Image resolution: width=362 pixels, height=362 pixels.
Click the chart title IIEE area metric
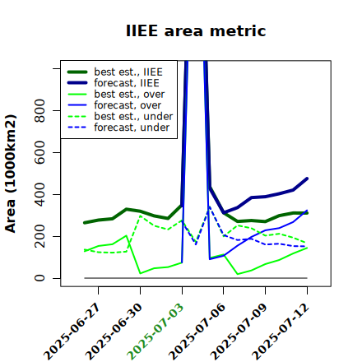coord(196,30)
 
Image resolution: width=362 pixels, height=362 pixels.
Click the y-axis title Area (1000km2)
coord(11,174)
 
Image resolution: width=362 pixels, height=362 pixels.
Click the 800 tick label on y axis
coord(39,110)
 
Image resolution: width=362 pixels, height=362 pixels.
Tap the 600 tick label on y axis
coord(39,152)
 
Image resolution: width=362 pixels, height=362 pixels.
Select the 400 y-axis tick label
coord(39,194)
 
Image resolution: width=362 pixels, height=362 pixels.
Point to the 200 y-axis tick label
coord(39,236)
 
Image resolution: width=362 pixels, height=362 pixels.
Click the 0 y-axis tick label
coord(39,278)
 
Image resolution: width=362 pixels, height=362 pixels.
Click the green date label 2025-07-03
coord(155,332)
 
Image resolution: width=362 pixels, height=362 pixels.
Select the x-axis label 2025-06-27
coord(72,332)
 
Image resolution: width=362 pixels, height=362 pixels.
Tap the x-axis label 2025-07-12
coord(281,332)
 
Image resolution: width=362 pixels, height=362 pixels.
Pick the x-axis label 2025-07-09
coord(239,332)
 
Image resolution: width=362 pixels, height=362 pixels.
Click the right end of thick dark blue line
coord(307,179)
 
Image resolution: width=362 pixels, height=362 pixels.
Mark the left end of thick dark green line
coord(85,223)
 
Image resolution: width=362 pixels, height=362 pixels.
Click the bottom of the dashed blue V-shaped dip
coord(196,244)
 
